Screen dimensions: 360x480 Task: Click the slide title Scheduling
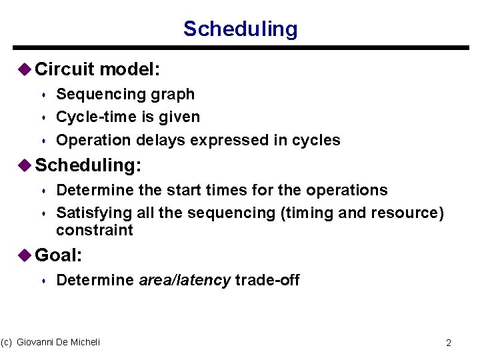pos(240,29)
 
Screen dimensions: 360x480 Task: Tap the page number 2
pos(449,343)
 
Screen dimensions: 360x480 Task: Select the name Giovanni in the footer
pos(37,342)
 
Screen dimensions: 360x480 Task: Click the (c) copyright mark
pos(7,342)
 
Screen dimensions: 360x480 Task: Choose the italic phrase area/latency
pos(185,280)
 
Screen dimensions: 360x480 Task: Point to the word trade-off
pos(267,280)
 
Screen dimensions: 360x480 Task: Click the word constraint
pos(95,231)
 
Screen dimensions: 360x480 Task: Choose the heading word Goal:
pos(58,255)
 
